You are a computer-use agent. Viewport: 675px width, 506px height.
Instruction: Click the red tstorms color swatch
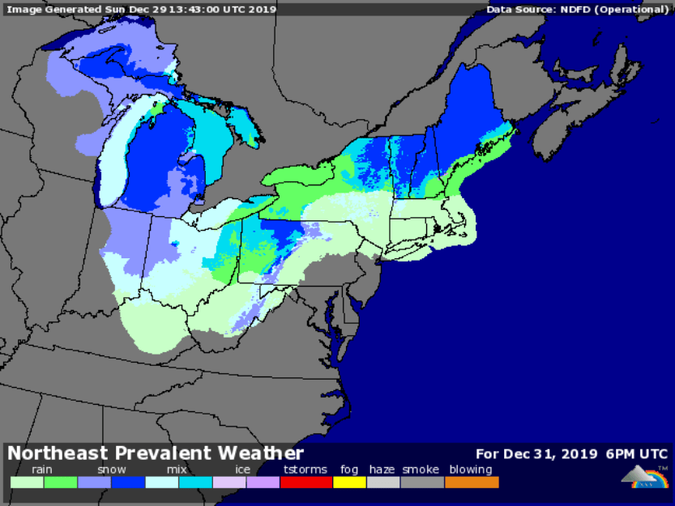tap(305, 482)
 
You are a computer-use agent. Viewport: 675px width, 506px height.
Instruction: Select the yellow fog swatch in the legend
tap(349, 482)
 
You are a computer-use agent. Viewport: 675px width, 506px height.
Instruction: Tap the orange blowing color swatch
tap(472, 482)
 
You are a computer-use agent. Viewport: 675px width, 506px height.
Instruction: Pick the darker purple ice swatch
tap(263, 482)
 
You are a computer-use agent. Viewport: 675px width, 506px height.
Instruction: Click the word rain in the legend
tap(42, 470)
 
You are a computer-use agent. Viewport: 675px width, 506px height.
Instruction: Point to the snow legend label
tap(112, 470)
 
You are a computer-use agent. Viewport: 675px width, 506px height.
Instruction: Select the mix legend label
tap(177, 470)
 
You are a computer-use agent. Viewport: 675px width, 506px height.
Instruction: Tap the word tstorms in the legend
tap(305, 470)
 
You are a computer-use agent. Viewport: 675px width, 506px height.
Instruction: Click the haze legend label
tap(382, 470)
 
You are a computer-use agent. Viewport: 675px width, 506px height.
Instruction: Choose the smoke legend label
tap(421, 470)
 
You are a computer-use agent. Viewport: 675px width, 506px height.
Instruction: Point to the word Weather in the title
tap(263, 453)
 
